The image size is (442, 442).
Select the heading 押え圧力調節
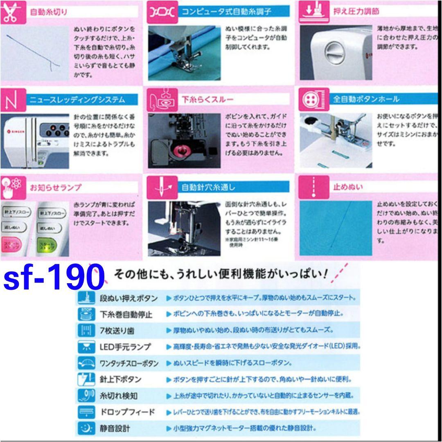356,11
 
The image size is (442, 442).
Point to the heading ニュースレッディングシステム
77,99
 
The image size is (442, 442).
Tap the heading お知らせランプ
56,187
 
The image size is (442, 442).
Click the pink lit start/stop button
11,245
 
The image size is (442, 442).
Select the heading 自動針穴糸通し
208,187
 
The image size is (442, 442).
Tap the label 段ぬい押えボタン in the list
129,298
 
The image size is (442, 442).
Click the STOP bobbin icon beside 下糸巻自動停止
86,314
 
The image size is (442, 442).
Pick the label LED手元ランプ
125,347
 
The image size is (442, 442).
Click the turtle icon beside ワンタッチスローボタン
86,363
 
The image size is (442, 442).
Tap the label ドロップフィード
127,412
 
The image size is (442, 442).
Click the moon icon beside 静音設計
86,428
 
